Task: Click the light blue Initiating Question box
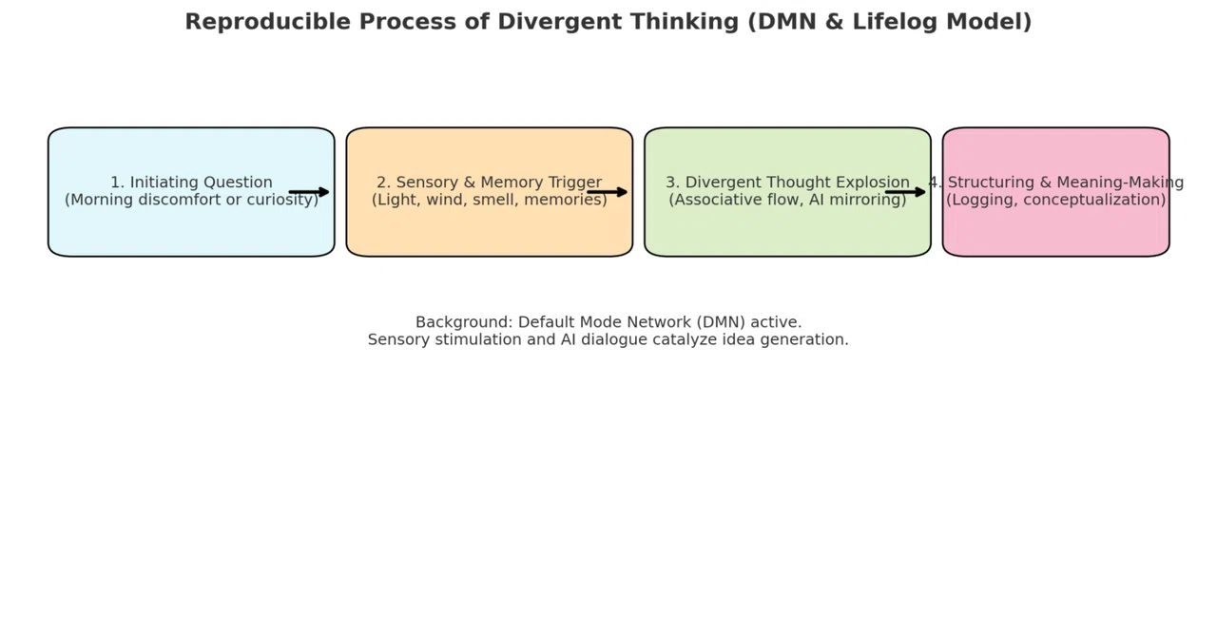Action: click(191, 192)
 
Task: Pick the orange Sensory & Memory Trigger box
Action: click(490, 192)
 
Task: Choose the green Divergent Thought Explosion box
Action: click(788, 192)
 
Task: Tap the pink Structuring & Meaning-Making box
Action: click(1056, 192)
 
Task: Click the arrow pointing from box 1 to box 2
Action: click(309, 192)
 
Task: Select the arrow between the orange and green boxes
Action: click(607, 192)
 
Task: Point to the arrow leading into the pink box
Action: click(905, 192)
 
